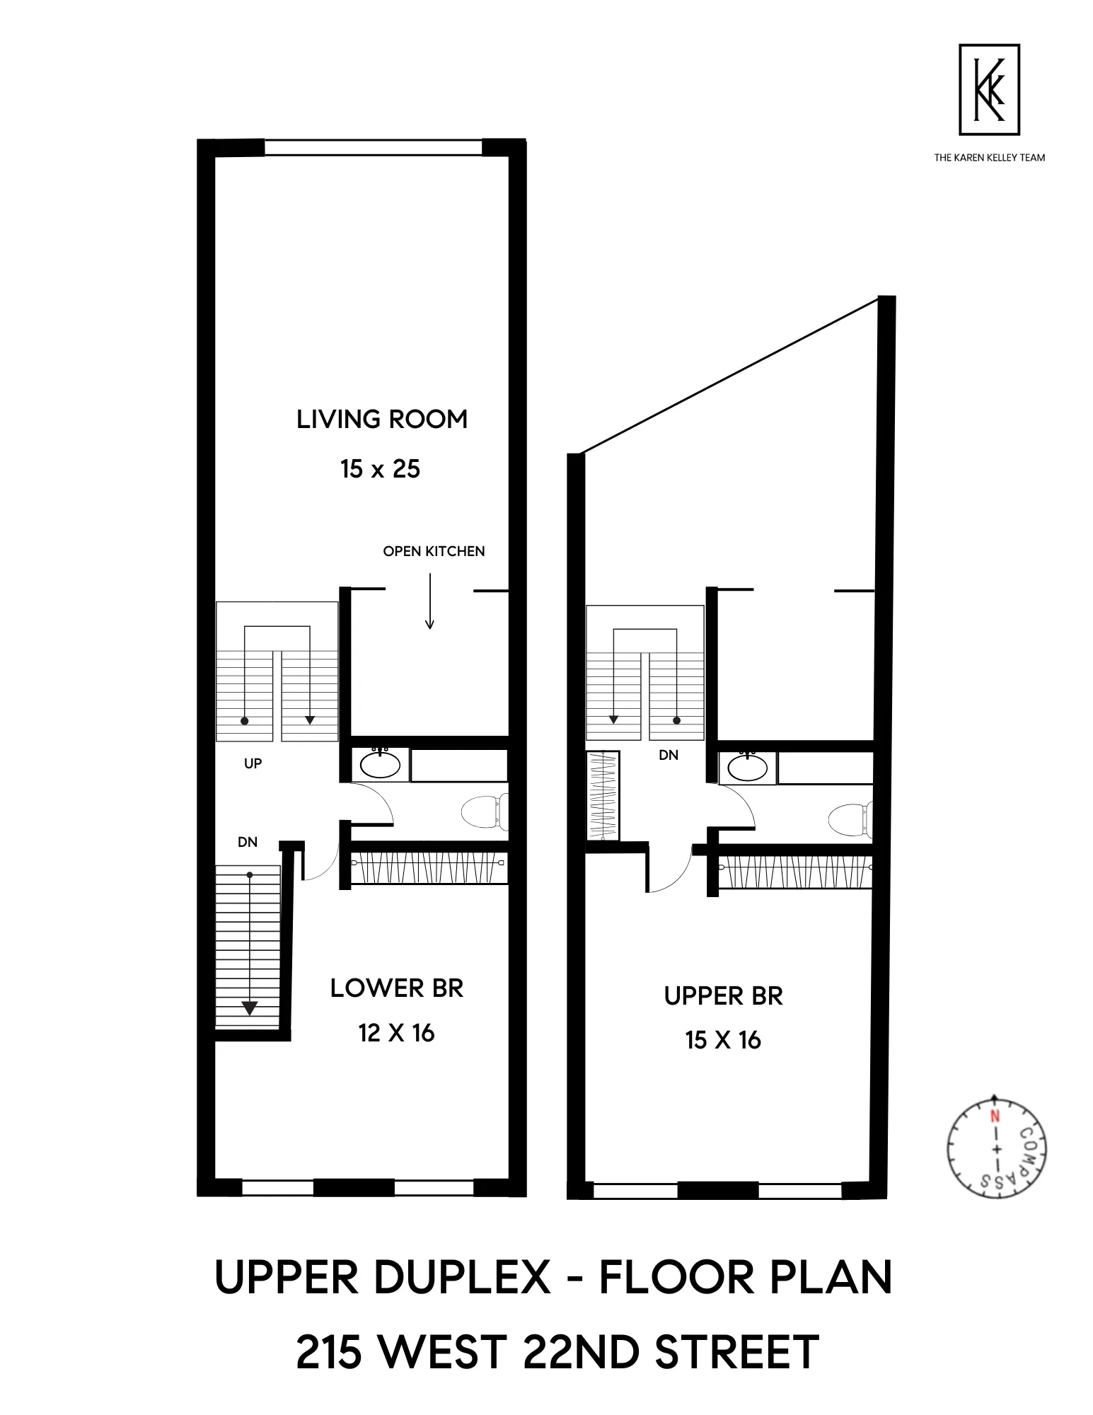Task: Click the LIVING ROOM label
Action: point(382,420)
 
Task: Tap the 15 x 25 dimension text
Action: point(380,469)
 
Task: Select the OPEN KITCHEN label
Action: point(434,551)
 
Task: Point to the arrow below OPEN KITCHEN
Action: point(429,601)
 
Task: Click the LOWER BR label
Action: point(396,988)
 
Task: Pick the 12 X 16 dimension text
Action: point(396,1034)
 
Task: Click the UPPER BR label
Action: point(723,996)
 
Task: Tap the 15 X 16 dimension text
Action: point(723,1040)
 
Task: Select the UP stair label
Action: point(253,763)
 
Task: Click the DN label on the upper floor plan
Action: point(669,755)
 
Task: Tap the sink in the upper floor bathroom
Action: point(747,768)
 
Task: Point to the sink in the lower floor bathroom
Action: point(381,764)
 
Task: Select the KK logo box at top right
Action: point(989,89)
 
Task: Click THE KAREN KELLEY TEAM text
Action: point(989,158)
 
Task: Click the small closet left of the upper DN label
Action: point(603,795)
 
